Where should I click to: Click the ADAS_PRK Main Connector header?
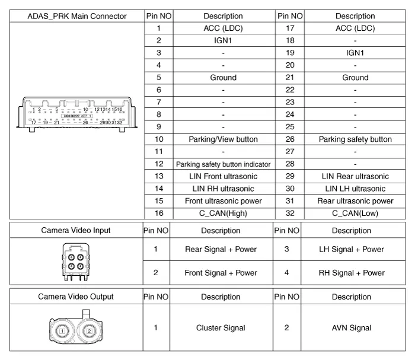77,16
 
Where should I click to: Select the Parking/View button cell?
223,139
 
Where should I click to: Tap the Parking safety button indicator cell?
223,164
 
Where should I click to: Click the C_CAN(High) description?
223,214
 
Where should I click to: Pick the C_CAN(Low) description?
355,214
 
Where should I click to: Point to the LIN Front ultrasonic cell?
223,176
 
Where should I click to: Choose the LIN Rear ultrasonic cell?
355,176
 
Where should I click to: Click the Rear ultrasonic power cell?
355,201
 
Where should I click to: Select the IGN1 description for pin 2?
223,40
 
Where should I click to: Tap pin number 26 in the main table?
290,139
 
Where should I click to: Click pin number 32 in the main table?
290,214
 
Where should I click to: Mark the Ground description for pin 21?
355,78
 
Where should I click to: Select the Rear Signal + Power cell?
221,249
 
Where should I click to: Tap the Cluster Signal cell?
221,327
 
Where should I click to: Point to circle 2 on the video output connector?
88,330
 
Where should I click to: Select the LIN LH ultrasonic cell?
355,189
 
